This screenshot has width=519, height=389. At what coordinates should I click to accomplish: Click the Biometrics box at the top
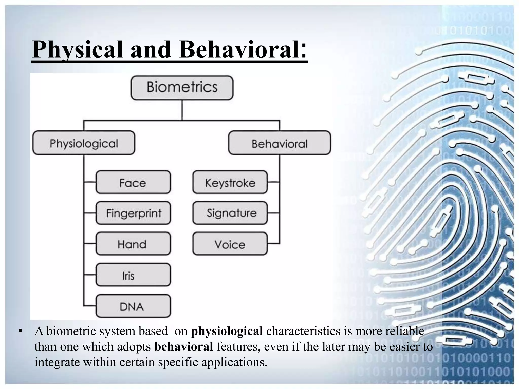[182, 87]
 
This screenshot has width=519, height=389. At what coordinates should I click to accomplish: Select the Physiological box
[84, 143]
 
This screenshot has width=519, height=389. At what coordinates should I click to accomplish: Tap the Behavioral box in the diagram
[280, 143]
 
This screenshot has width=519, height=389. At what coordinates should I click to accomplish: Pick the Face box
[133, 182]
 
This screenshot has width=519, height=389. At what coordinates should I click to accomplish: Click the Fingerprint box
[133, 213]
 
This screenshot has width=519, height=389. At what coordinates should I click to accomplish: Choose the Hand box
[133, 244]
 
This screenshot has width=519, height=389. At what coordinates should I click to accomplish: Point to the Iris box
[133, 275]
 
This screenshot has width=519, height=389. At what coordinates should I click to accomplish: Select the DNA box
[133, 306]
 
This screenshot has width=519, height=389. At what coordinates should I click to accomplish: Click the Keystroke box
[230, 182]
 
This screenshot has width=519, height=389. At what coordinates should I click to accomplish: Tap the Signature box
[230, 213]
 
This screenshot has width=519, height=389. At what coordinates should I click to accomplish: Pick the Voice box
[230, 244]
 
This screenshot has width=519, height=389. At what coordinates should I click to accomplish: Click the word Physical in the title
[78, 50]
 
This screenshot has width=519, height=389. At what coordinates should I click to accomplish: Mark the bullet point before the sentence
[21, 331]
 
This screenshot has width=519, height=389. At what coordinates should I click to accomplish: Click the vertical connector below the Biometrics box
[182, 110]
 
